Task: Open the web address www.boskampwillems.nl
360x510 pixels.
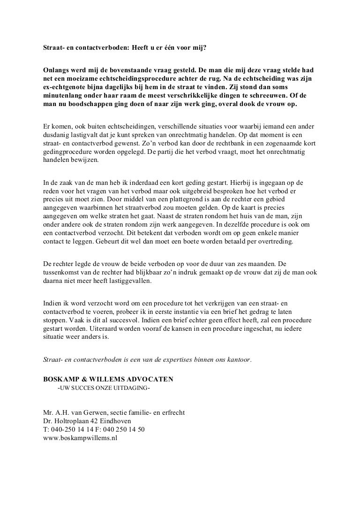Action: coord(79,439)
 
